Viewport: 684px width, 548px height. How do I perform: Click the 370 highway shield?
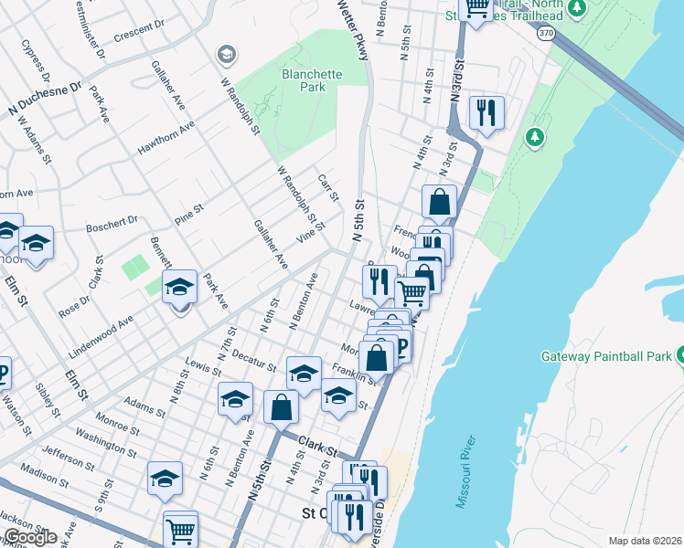(546, 33)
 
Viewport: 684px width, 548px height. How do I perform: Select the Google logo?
(29, 536)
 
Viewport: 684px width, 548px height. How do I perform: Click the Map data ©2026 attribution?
(645, 541)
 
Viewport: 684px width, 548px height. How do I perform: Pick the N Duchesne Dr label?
(45, 101)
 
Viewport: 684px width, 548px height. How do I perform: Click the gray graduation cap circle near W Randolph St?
(225, 56)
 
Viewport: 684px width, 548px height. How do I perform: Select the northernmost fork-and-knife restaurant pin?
(485, 113)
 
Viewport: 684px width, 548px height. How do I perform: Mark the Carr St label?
(328, 189)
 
